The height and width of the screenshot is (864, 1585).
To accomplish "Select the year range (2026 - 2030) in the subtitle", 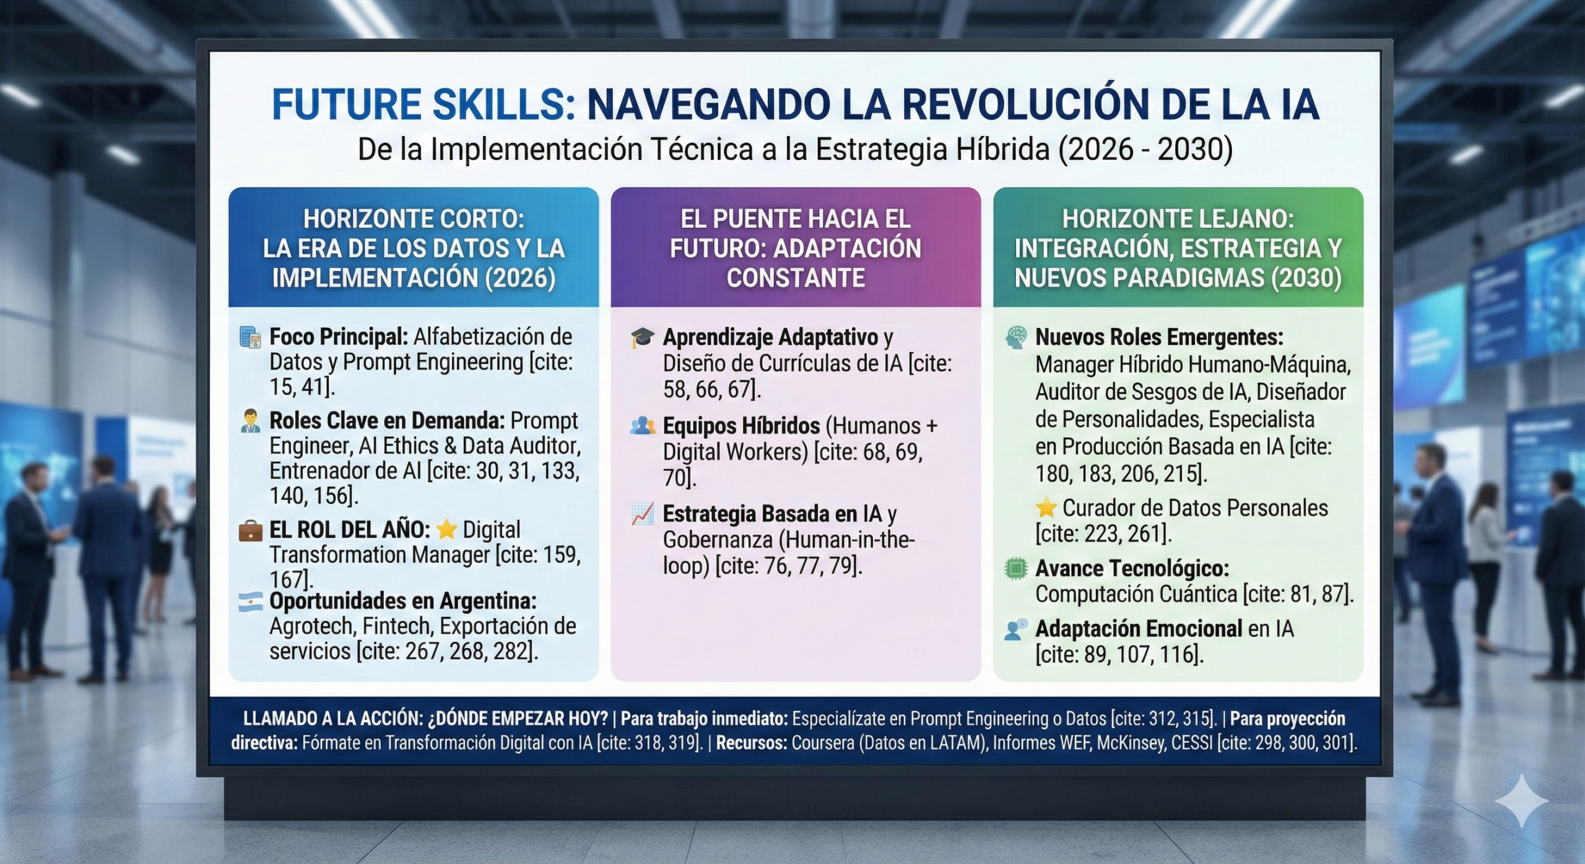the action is [1146, 150].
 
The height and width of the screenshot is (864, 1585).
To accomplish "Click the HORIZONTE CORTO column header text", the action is [414, 219].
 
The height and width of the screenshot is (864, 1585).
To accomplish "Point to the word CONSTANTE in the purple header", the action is [796, 278].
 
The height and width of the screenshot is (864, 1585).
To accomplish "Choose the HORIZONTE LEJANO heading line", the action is [1178, 219].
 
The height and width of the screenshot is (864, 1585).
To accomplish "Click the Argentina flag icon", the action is [251, 602].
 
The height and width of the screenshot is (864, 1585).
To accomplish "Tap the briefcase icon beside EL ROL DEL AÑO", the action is [250, 531].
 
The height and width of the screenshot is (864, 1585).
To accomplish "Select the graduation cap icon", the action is [643, 338].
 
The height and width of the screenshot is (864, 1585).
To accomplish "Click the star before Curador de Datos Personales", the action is [1046, 508].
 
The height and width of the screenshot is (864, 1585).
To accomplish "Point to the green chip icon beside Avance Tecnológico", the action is [1015, 568].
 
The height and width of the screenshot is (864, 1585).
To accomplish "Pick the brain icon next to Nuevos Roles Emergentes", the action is [1016, 337].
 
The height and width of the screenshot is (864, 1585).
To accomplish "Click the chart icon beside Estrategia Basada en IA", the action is [643, 514].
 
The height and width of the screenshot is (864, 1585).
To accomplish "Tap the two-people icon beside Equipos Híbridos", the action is [643, 426].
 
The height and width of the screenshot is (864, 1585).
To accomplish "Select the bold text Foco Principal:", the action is [339, 337].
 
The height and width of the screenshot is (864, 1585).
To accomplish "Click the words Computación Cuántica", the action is [1136, 594].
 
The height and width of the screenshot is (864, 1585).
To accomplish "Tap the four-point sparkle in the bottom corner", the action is [1522, 800].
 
